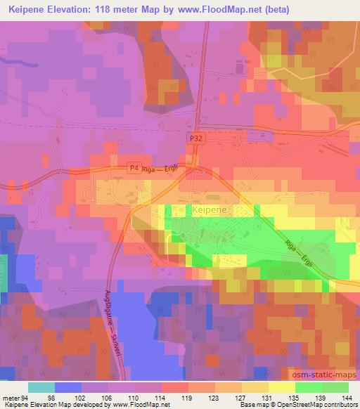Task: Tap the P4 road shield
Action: (134, 168)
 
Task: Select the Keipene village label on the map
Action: (208, 209)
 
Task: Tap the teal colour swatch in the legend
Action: (42, 387)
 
